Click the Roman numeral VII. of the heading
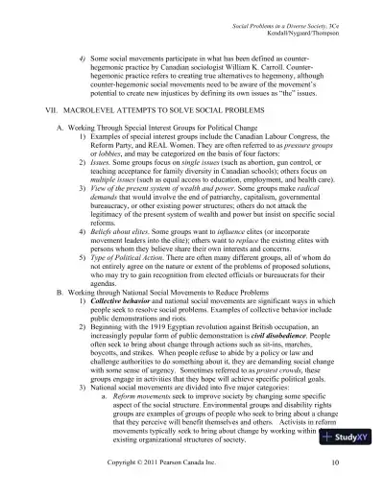click(41, 112)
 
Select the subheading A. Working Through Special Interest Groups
click(153, 128)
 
